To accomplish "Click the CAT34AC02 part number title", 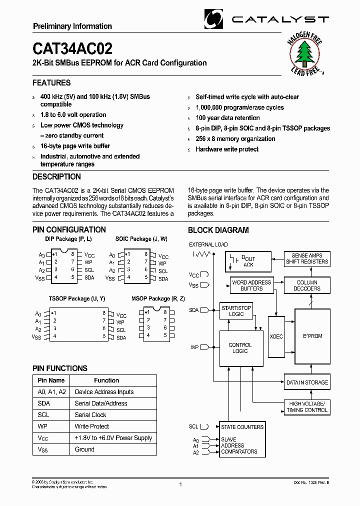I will coord(72,48).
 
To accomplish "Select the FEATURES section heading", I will coord(51,83).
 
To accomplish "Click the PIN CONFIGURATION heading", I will coord(69,230).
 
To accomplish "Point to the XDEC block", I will coord(276,336).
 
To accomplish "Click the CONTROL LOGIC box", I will coord(240,348).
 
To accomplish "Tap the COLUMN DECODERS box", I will coord(306,285).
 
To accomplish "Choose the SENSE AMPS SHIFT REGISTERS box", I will coord(306,258).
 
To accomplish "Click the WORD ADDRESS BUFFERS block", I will coord(251,285).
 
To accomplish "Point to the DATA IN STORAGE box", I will coord(306,382).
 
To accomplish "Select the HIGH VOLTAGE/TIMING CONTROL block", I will coord(306,406).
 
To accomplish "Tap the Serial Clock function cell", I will coord(90,415).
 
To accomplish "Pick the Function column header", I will coord(106,380).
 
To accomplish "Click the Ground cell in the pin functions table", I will coord(84,449).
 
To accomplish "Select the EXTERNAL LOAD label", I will coord(208,244).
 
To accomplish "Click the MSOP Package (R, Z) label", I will coord(158,298).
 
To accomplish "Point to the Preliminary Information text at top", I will coord(72,26).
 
